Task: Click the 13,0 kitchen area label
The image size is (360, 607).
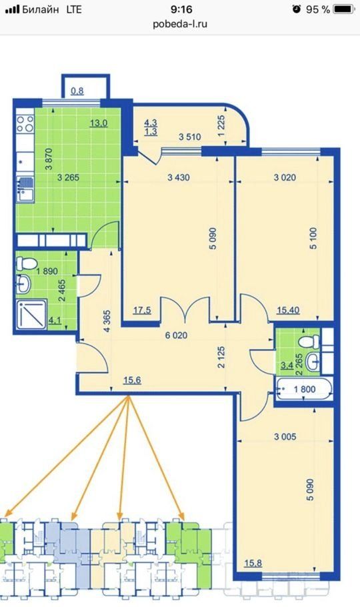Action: pyautogui.click(x=99, y=123)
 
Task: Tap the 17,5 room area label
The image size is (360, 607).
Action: pyautogui.click(x=142, y=310)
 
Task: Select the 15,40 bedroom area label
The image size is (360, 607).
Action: pyautogui.click(x=288, y=310)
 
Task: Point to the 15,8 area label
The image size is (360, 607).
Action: pyautogui.click(x=253, y=562)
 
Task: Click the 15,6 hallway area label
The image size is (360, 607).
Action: pyautogui.click(x=132, y=380)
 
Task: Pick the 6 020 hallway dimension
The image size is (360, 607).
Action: pyautogui.click(x=176, y=336)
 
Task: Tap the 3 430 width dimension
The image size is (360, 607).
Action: pyautogui.click(x=179, y=177)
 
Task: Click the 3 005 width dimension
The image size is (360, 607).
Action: pyautogui.click(x=285, y=437)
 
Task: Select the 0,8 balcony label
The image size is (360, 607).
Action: pyautogui.click(x=77, y=91)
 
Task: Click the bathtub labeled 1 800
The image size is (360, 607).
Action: pyautogui.click(x=304, y=390)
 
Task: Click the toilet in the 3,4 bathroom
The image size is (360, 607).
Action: pyautogui.click(x=309, y=342)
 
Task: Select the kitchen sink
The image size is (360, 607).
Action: pyautogui.click(x=25, y=189)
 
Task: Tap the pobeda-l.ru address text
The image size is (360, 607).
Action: pyautogui.click(x=180, y=24)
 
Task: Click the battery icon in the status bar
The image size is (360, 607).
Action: pyautogui.click(x=344, y=9)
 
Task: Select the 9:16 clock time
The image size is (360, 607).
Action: pyautogui.click(x=181, y=9)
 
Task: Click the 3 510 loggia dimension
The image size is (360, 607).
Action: pyautogui.click(x=190, y=137)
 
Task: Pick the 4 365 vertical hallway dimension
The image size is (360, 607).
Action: pyautogui.click(x=107, y=321)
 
